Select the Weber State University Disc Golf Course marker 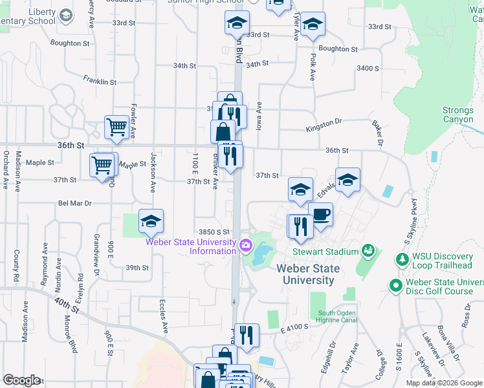coord(394,285)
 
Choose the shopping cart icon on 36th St coord(116,127)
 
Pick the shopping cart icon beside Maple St coord(102,166)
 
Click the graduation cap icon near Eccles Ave coord(151,222)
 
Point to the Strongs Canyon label coord(458,114)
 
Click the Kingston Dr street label coord(324,122)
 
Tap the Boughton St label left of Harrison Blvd coord(71,44)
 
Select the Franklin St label coord(100,81)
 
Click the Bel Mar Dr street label coord(75,203)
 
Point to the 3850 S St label coord(214,232)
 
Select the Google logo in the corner coord(21,380)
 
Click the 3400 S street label coord(367,68)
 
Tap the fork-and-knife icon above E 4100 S coord(247,335)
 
